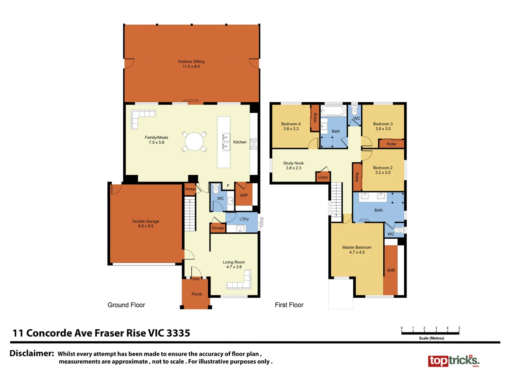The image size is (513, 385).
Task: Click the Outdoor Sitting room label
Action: coord(191,62)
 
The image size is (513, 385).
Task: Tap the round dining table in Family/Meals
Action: coord(194,142)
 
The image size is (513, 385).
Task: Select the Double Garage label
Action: coord(145,221)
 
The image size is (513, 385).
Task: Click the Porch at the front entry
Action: coord(197,294)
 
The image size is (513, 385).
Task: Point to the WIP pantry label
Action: coord(244,195)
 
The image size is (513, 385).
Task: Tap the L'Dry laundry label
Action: coord(244,219)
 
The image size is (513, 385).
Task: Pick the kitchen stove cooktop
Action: coord(254,143)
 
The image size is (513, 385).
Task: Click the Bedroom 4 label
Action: coord(291,124)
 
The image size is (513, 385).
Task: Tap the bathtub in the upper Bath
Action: coord(333,111)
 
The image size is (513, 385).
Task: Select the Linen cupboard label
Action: coord(323,177)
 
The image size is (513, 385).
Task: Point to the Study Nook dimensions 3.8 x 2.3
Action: coord(294,168)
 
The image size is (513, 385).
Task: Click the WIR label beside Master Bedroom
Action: coord(391,270)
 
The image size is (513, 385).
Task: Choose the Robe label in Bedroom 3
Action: coord(391,144)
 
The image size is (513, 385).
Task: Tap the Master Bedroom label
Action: coord(357,247)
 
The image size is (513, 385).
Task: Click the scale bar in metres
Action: coord(430,332)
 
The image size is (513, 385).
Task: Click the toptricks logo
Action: coord(454,361)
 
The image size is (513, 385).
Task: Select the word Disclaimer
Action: coord(32,353)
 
